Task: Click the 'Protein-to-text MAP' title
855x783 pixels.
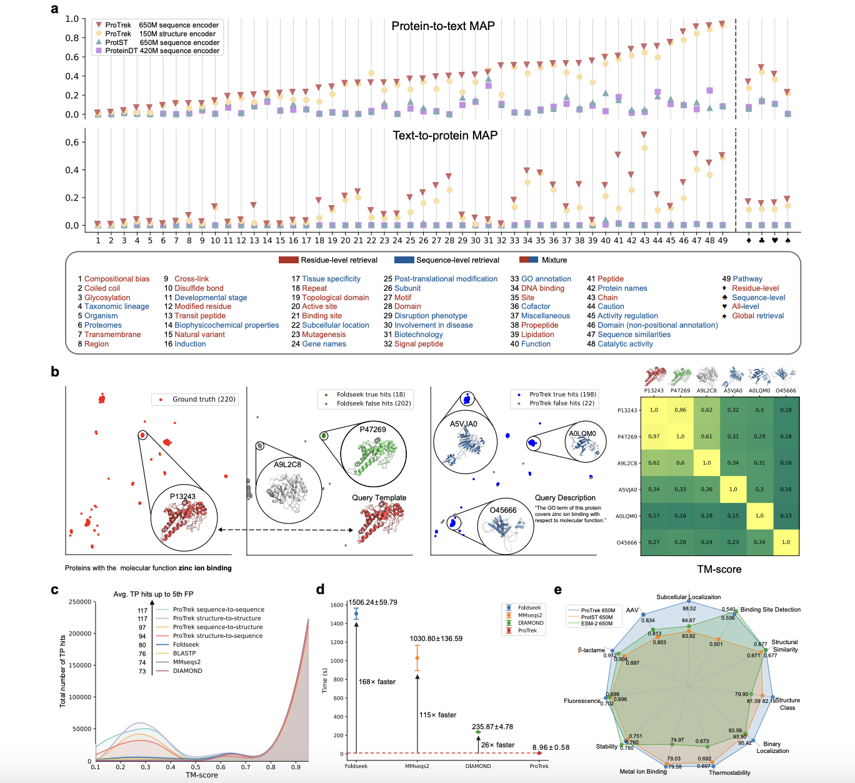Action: pos(443,26)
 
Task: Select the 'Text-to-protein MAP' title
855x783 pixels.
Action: pos(445,136)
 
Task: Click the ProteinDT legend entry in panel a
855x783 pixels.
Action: pos(162,51)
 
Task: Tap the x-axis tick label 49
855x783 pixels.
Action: pos(722,240)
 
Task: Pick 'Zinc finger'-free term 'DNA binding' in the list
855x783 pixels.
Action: pos(542,288)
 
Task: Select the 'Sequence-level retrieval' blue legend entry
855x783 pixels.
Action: pos(457,260)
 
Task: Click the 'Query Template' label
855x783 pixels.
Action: pos(379,498)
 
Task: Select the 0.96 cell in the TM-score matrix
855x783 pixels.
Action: pos(680,410)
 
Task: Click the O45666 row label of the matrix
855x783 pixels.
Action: pos(627,543)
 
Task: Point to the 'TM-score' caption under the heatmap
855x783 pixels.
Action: pos(719,570)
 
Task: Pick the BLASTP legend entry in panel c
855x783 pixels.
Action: pos(184,654)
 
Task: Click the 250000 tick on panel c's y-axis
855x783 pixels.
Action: pos(80,602)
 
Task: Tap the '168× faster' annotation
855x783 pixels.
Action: pos(377,682)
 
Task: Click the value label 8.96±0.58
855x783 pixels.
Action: pos(551,747)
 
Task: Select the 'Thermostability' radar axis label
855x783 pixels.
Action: pos(729,773)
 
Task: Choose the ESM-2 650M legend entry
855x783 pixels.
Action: pos(596,624)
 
